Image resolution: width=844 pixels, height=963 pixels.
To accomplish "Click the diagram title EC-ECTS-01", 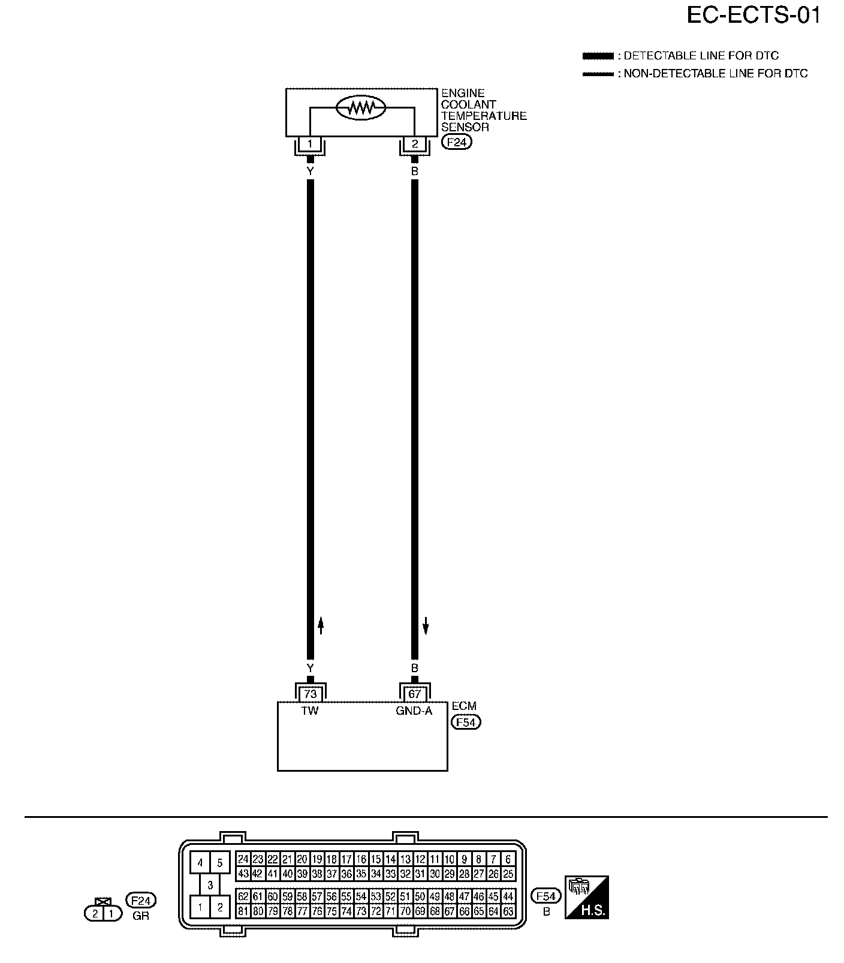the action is (x=753, y=16).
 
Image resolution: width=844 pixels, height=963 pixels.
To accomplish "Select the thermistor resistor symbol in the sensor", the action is (x=361, y=108).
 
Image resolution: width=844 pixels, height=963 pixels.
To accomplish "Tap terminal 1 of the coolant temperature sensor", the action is (x=310, y=144).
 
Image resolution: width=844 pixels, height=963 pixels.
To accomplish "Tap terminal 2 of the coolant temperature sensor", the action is (x=414, y=144).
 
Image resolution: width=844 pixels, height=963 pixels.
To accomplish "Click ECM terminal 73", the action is (x=310, y=694).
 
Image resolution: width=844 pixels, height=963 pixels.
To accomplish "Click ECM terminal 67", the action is (x=414, y=694).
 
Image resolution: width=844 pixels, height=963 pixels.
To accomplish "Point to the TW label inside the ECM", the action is (x=310, y=711).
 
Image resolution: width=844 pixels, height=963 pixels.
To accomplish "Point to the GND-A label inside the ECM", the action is (x=414, y=711).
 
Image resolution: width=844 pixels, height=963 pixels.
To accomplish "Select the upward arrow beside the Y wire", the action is (x=321, y=626).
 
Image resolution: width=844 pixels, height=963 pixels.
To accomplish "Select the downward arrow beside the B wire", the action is (x=426, y=626).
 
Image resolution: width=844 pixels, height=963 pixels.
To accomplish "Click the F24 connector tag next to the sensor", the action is (x=457, y=142).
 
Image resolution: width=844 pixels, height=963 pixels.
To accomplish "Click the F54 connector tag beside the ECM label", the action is (x=466, y=722).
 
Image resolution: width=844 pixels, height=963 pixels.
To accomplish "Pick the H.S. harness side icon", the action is (x=586, y=898).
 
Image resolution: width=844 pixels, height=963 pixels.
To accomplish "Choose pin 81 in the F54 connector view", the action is (x=243, y=911).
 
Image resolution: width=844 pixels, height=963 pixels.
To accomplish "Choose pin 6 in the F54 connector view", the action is (x=508, y=859).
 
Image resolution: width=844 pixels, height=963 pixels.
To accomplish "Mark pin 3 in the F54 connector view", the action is (x=210, y=885).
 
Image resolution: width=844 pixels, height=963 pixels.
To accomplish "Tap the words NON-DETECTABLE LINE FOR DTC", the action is (x=716, y=74).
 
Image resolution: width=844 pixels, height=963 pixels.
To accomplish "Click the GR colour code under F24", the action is (x=141, y=916).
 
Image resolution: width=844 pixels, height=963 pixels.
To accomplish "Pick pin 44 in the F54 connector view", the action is (x=508, y=897).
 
